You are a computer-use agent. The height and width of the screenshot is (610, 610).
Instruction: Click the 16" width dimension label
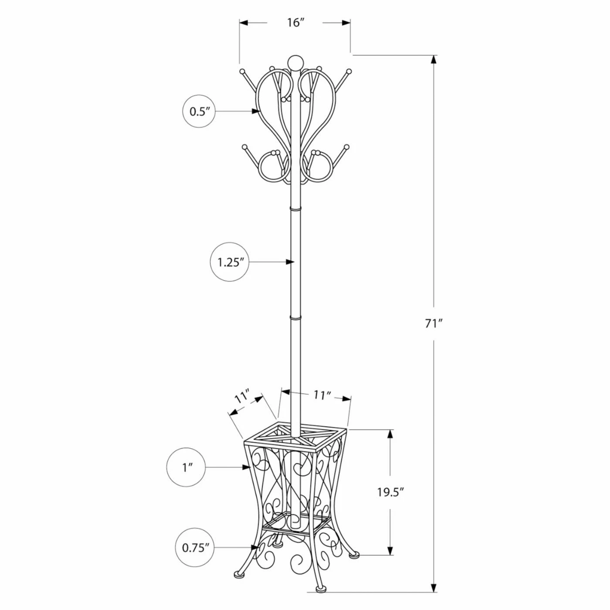(295, 23)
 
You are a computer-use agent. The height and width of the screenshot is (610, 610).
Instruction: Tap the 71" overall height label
(434, 324)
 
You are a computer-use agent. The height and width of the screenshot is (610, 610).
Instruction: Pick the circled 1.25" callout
(230, 262)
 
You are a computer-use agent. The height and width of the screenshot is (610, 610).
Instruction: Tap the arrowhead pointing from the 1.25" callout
(290, 262)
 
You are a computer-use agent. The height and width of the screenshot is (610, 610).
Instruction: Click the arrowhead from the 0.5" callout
(256, 111)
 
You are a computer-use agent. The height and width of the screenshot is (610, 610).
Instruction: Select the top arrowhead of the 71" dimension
(434, 59)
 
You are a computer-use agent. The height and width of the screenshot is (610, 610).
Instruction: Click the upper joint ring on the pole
(295, 210)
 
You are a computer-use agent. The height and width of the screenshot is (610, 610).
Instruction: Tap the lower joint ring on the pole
(295, 319)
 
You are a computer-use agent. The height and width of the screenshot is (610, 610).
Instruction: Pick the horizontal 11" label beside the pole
(322, 395)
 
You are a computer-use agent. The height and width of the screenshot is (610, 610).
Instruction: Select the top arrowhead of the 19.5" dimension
(390, 434)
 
